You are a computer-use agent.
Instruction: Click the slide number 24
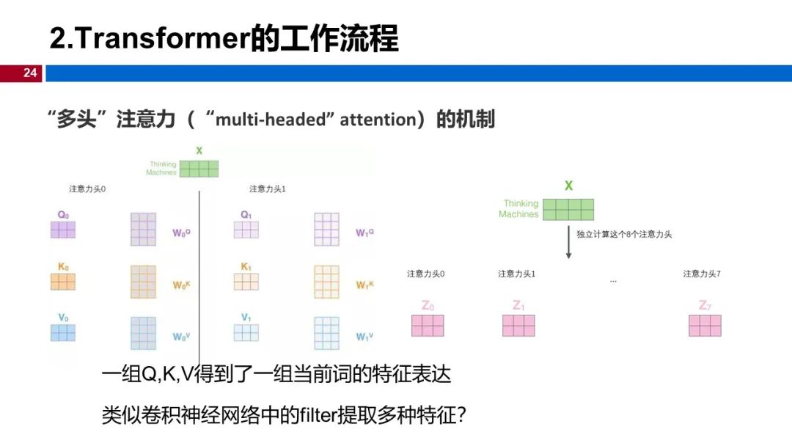(x=29, y=73)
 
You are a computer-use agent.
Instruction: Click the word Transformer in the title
(x=162, y=38)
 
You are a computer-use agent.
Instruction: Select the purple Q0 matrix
(x=62, y=230)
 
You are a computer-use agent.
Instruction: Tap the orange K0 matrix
(x=62, y=282)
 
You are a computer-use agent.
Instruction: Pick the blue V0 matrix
(x=62, y=332)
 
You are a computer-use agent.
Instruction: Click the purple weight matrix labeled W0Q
(x=143, y=229)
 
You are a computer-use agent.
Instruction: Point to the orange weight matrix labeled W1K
(x=326, y=282)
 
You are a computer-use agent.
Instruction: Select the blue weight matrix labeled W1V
(x=326, y=332)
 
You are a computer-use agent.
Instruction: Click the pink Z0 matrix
(x=427, y=326)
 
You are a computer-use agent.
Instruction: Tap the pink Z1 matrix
(x=518, y=326)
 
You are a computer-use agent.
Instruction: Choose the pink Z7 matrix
(x=705, y=326)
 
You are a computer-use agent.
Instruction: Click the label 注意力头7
(x=702, y=274)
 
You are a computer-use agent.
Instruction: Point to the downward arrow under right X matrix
(x=568, y=243)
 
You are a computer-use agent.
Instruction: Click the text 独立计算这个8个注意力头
(x=624, y=234)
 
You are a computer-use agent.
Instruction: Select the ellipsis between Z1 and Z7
(x=613, y=281)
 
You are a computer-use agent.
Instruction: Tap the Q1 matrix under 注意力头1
(x=246, y=230)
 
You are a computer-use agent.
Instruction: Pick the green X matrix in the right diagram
(x=568, y=210)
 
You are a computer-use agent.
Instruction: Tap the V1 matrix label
(x=246, y=318)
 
